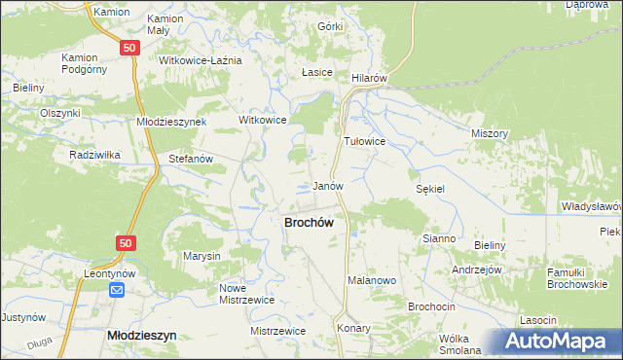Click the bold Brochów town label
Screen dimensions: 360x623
(x=309, y=222)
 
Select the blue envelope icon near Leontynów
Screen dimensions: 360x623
(x=117, y=290)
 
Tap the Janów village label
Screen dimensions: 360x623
(x=327, y=186)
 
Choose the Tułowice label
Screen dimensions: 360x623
(x=365, y=141)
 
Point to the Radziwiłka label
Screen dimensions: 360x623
(x=94, y=155)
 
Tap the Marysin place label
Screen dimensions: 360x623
(x=202, y=256)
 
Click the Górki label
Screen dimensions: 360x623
(x=332, y=27)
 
